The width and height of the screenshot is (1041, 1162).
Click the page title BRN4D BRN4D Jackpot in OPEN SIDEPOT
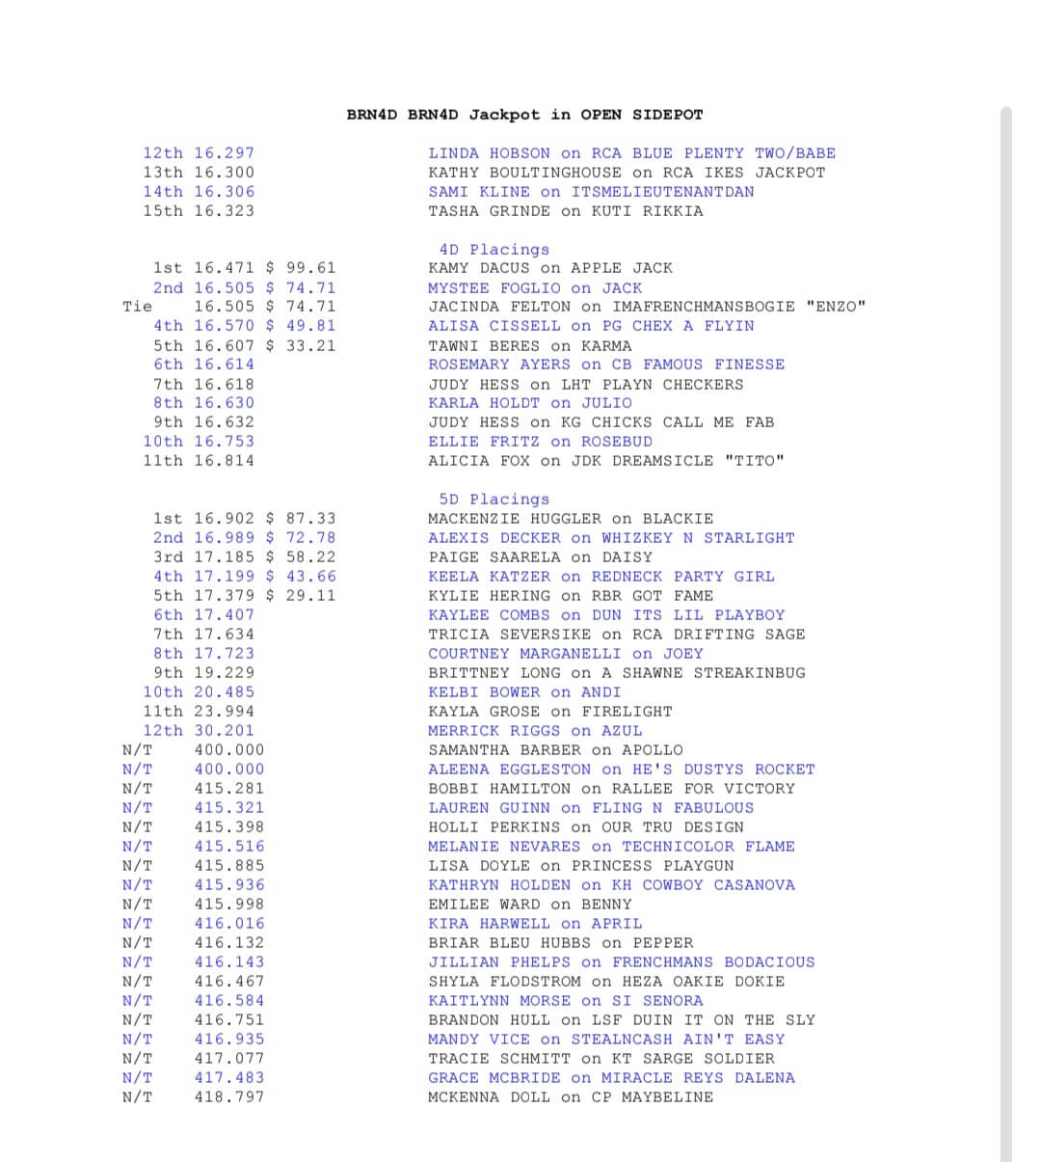(x=524, y=115)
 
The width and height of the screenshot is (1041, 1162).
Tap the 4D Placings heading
(x=494, y=249)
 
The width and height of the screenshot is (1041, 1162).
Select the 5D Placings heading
(x=494, y=500)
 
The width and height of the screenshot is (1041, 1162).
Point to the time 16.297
(x=225, y=153)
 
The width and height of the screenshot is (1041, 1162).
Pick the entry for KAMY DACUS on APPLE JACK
(x=550, y=268)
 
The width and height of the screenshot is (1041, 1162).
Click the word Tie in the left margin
(x=138, y=307)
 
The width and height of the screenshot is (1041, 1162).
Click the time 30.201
(x=225, y=731)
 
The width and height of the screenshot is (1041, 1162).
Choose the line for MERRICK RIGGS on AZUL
(x=535, y=731)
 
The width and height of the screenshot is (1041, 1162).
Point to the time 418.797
(x=229, y=1097)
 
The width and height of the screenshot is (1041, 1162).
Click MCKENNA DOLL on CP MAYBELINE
(x=571, y=1097)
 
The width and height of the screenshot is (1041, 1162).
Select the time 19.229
(x=225, y=673)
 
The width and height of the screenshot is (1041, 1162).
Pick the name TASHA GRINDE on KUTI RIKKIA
(x=566, y=211)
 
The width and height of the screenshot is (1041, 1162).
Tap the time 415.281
(x=229, y=789)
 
